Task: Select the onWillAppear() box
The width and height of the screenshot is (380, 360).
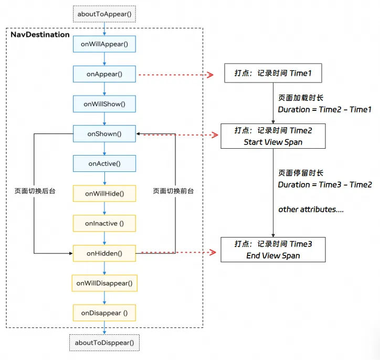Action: (x=104, y=44)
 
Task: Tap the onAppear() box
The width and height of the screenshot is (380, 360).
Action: (x=104, y=74)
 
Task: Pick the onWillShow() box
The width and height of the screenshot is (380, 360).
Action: (x=104, y=104)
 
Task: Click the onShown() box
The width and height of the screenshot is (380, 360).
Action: (x=104, y=134)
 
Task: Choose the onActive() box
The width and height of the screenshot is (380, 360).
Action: (x=104, y=164)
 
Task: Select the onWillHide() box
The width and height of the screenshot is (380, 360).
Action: (x=104, y=194)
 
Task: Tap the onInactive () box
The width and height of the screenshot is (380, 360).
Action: (x=104, y=223)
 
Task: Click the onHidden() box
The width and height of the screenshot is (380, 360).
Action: (x=104, y=253)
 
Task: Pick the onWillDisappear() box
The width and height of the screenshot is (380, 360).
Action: (x=104, y=283)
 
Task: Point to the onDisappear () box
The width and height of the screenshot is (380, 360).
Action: (x=104, y=313)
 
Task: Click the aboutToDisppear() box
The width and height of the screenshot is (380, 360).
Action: (x=104, y=343)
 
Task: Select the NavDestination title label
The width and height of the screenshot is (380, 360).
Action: (x=40, y=35)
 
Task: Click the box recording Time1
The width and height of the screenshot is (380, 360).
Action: (x=272, y=74)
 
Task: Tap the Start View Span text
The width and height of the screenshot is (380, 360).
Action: (x=273, y=142)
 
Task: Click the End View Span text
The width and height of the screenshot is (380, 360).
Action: (x=273, y=255)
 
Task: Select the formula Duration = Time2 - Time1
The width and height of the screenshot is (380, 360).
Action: (x=324, y=109)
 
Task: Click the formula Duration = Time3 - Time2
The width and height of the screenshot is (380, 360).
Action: (x=325, y=184)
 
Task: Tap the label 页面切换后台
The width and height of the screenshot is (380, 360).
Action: (x=35, y=191)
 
